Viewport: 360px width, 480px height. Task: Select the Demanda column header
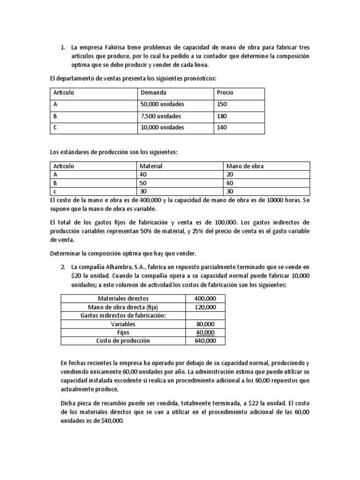tap(153, 92)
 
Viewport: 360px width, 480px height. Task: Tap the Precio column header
tap(225, 92)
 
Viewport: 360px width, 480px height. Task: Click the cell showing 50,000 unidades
tap(162, 104)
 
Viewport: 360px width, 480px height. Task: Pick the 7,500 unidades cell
tap(161, 116)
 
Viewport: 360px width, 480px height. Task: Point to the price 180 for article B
tap(222, 116)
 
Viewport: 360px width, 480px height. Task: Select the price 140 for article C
tap(222, 127)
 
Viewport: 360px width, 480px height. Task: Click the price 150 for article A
tap(222, 104)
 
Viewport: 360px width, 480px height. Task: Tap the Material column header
tap(151, 166)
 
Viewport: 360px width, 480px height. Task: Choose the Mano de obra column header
tap(245, 166)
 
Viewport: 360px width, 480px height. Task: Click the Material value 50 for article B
tap(143, 183)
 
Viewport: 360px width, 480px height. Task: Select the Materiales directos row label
tap(123, 298)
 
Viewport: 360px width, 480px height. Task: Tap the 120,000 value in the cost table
tap(205, 307)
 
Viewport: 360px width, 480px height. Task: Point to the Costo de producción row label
tap(123, 341)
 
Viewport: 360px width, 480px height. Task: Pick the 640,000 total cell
tap(205, 341)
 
